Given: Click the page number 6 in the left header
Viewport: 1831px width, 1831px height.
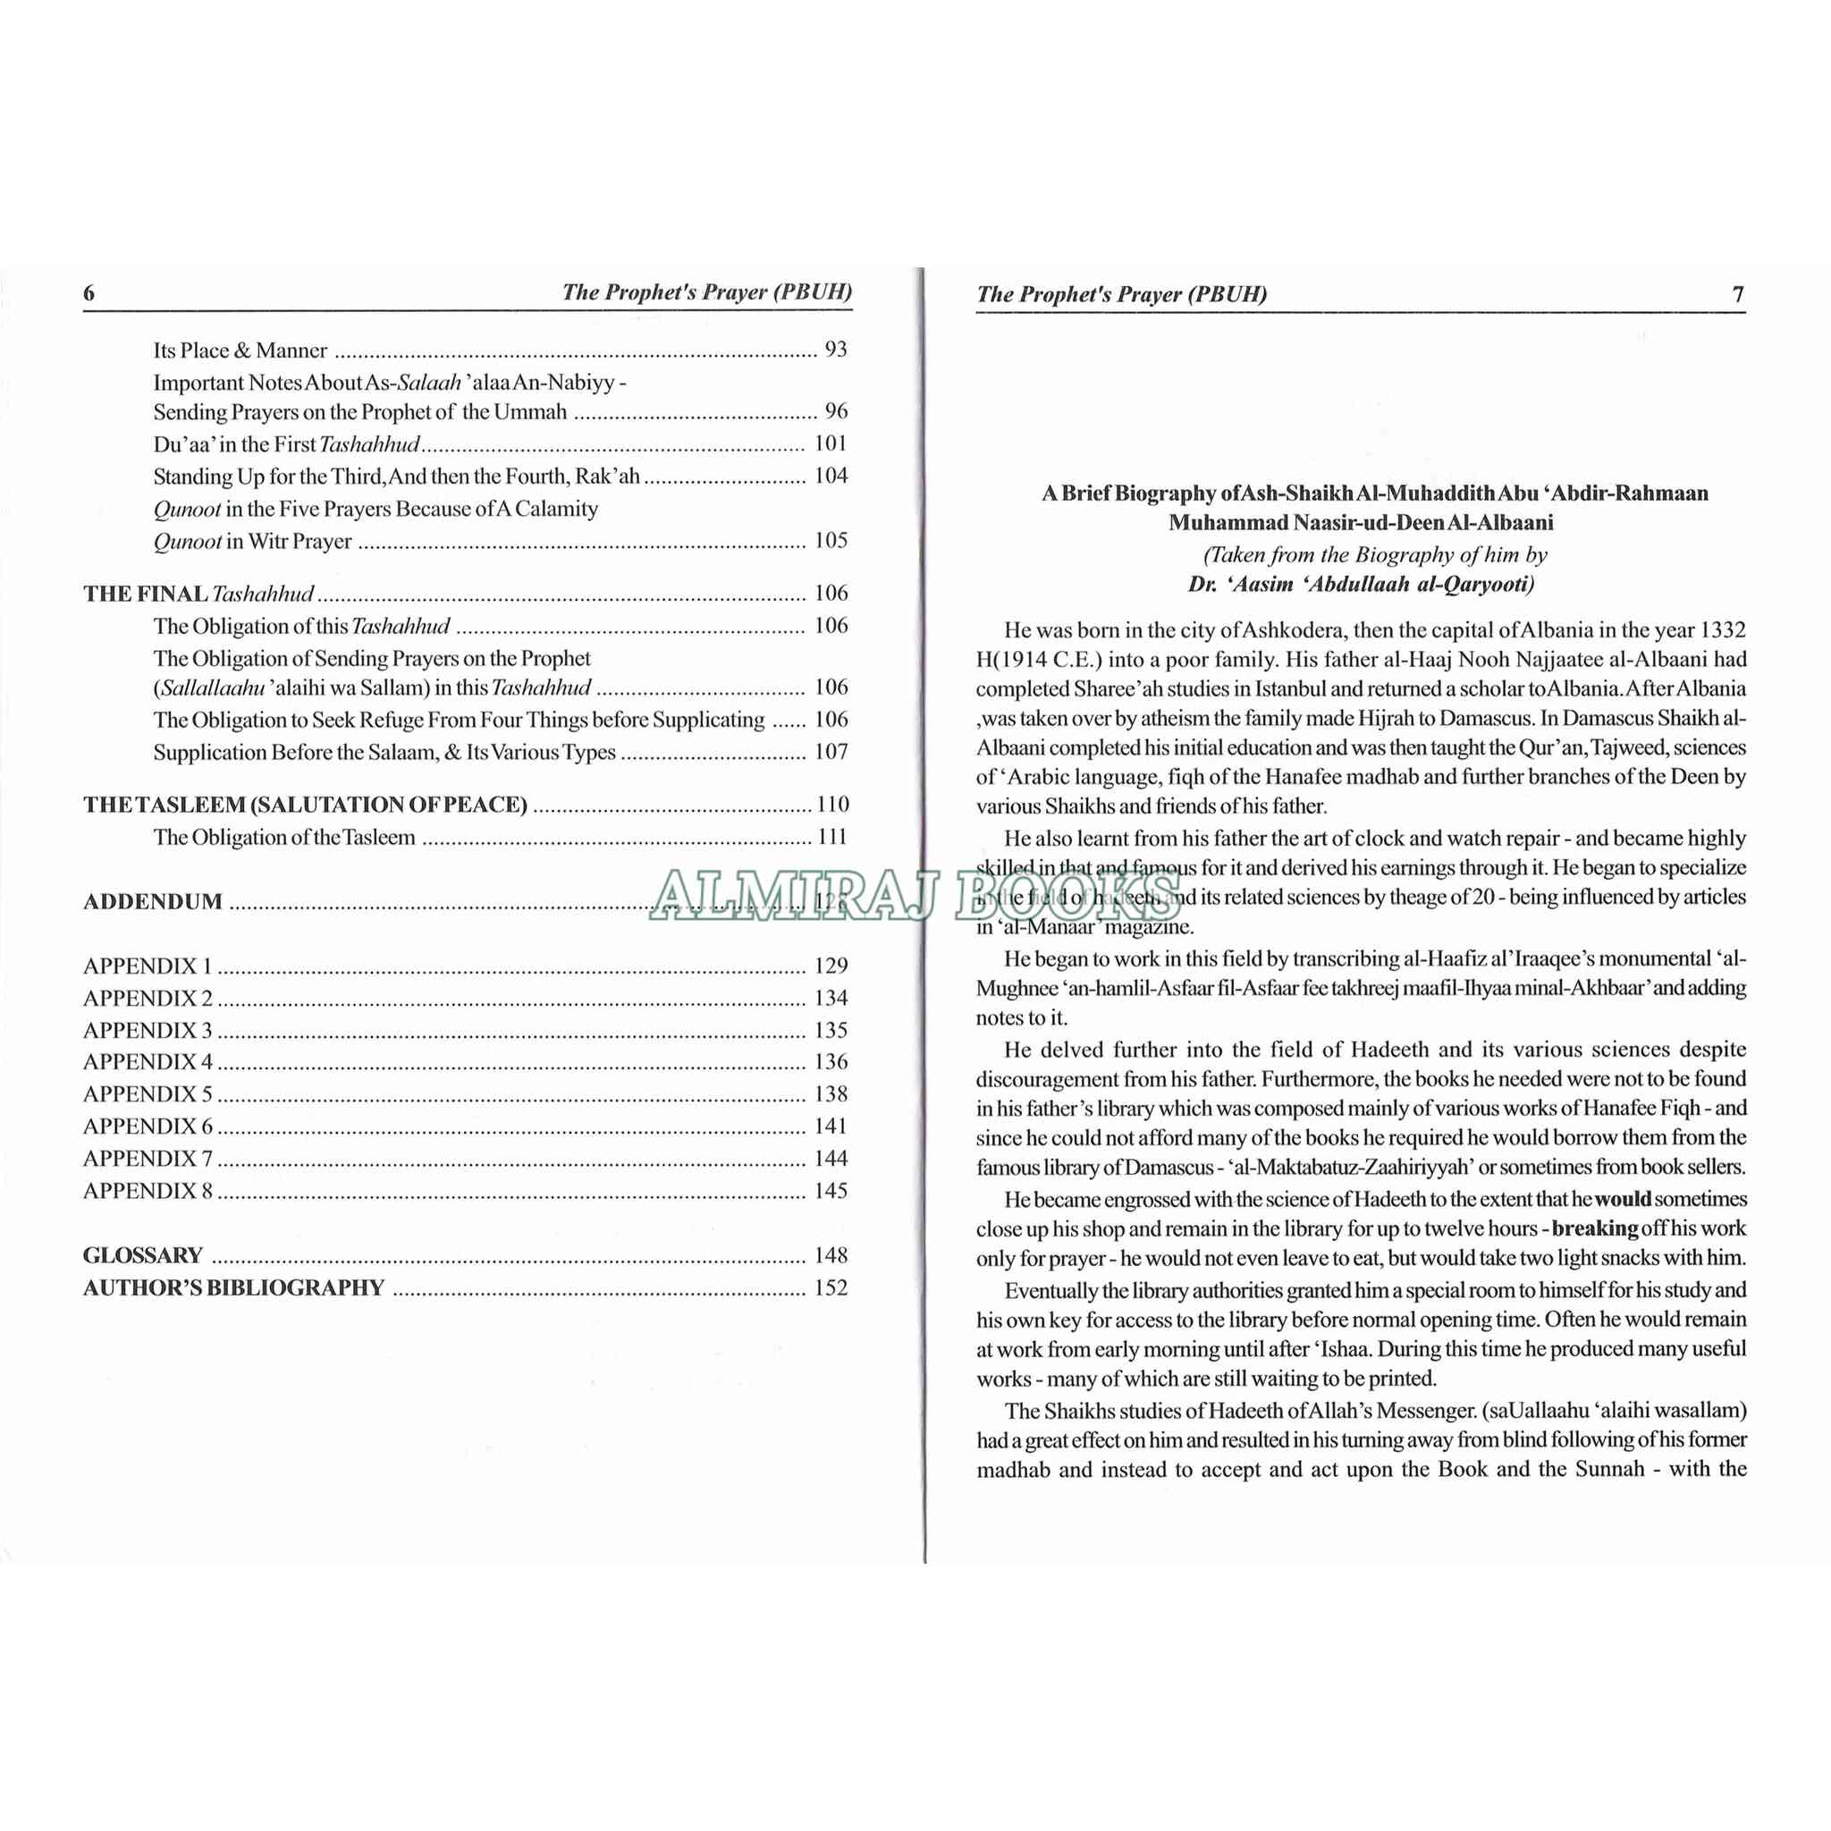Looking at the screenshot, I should pos(89,293).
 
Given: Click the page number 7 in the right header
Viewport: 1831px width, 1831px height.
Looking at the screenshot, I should pos(1737,295).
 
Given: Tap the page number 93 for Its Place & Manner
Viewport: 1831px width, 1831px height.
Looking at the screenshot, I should pos(835,350).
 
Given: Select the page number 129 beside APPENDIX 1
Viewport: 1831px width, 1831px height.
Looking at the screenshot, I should pos(831,966).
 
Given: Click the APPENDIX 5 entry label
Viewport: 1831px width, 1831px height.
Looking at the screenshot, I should pos(148,1094).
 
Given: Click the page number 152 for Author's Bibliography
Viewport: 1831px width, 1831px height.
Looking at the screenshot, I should pos(831,1288).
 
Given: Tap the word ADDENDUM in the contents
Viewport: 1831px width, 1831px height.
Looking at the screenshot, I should pos(153,901).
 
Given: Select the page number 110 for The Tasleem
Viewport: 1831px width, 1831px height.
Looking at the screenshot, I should pos(832,805).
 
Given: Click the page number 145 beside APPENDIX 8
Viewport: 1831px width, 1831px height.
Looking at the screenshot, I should pos(831,1191).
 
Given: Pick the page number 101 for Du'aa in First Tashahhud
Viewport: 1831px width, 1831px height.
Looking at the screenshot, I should pos(831,443).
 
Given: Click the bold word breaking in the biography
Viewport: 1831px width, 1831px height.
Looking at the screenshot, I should pos(1595,1229).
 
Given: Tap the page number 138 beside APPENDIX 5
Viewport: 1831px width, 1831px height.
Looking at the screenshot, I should pos(831,1094).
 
